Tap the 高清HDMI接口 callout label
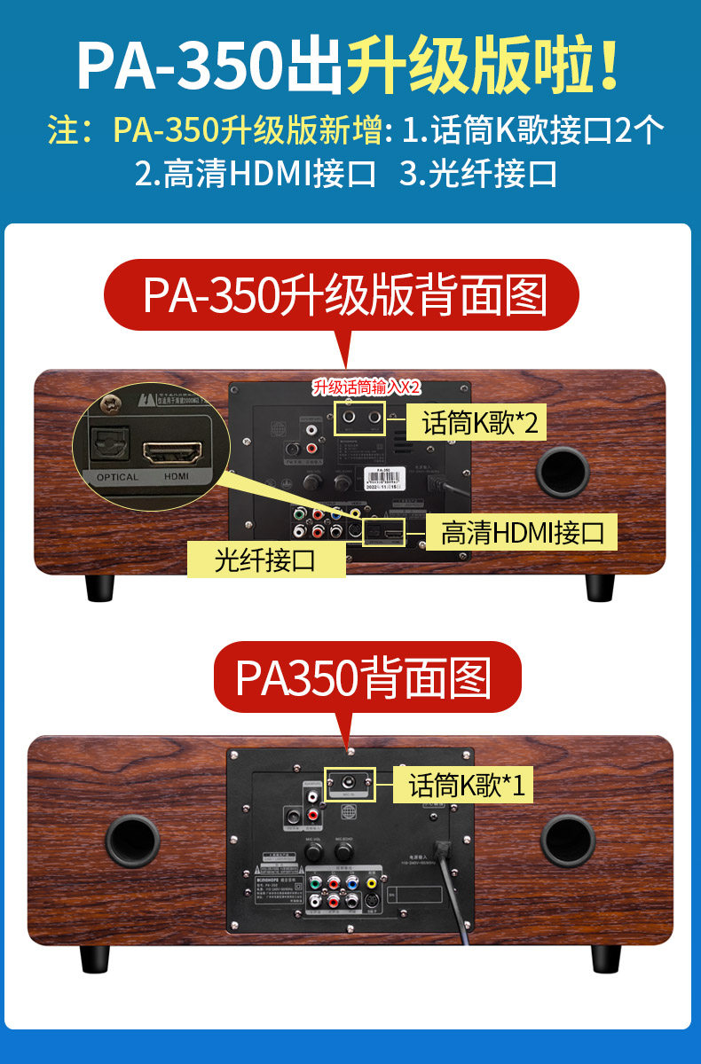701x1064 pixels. pos(523,532)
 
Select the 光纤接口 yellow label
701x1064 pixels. pos(266,559)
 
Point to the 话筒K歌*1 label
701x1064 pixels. pos(467,785)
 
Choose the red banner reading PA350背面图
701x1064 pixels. pos(363,677)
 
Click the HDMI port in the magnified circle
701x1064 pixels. pos(174,454)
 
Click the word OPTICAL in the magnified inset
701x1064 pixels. pos(116,477)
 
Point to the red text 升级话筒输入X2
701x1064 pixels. pos(366,387)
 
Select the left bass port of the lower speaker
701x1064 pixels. pos(132,841)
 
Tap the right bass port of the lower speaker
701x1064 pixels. pos(568,841)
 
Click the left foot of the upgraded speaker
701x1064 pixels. pos(99,587)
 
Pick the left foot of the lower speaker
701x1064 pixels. pos(94,958)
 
